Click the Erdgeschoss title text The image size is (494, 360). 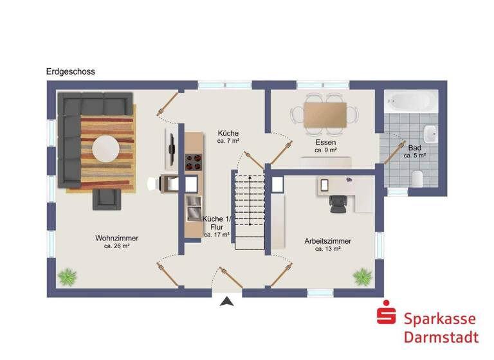pyautogui.click(x=70, y=72)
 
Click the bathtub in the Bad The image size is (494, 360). pyautogui.click(x=411, y=101)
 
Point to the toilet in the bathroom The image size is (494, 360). pyautogui.click(x=417, y=178)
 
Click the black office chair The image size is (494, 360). pyautogui.click(x=338, y=203)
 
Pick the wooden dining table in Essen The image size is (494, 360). pyautogui.click(x=325, y=114)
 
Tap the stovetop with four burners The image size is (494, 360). pyautogui.click(x=194, y=163)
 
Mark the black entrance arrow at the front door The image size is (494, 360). pyautogui.click(x=227, y=301)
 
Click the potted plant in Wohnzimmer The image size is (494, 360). pyautogui.click(x=67, y=278)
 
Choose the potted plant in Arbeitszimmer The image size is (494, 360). pyautogui.click(x=362, y=277)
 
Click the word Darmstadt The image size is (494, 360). pyautogui.click(x=441, y=337)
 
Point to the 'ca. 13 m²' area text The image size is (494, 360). pyautogui.click(x=327, y=249)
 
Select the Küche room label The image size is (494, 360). pyautogui.click(x=228, y=132)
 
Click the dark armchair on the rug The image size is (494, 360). pyautogui.click(x=107, y=199)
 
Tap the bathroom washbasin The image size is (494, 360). pyautogui.click(x=433, y=136)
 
